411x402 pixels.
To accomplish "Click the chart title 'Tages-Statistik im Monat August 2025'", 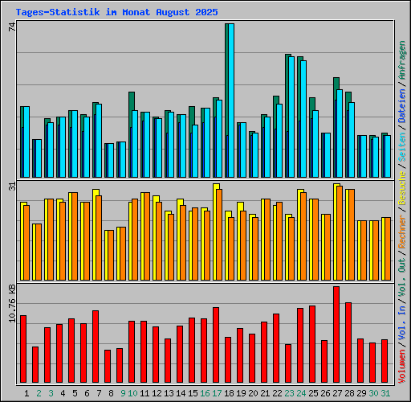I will [116, 13].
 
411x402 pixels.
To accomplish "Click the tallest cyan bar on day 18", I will [230, 100].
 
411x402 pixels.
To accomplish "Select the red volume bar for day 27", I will [336, 334].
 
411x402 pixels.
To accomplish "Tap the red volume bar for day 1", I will [23, 349].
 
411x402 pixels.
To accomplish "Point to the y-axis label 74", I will [11, 27].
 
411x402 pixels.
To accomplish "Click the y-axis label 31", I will [11, 186].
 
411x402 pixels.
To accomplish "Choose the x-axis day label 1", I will [26, 393].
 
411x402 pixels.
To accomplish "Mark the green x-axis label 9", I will [123, 393].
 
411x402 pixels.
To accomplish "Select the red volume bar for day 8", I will [108, 367].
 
